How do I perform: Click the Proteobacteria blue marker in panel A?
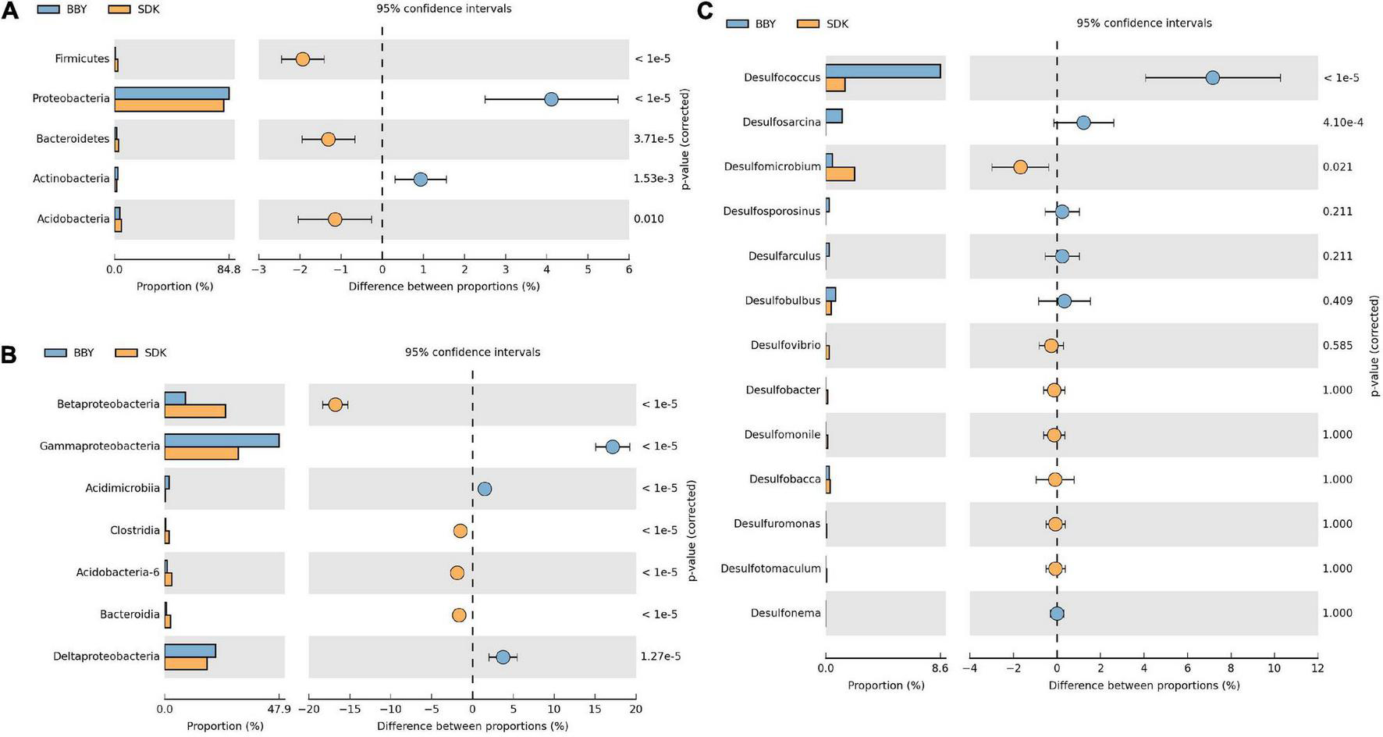(551, 99)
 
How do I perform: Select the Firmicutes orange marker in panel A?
(302, 59)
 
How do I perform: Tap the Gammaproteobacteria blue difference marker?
(613, 447)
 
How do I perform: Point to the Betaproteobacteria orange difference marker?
(336, 404)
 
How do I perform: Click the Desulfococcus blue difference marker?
(1212, 77)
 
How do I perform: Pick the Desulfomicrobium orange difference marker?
(1020, 167)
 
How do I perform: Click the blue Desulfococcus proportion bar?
(883, 71)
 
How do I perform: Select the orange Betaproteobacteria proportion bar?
(195, 411)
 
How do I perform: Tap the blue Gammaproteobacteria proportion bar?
(222, 440)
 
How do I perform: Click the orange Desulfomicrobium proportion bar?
(840, 173)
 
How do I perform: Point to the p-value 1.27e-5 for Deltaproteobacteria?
(660, 657)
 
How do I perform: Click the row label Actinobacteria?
(71, 179)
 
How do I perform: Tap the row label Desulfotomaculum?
(770, 568)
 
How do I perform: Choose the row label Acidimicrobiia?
(122, 489)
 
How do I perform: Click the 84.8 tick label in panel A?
(229, 269)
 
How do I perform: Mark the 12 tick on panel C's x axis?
(1317, 668)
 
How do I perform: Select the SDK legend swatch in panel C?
(808, 23)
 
